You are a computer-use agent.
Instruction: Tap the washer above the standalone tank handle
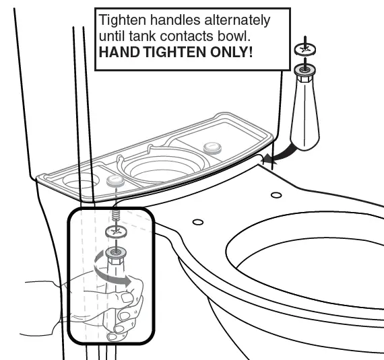(305, 49)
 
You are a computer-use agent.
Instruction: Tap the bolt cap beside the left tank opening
(116, 180)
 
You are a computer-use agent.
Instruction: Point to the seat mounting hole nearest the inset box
(197, 221)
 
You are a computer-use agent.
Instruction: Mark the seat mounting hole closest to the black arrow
(276, 195)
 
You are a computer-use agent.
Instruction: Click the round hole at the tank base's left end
(79, 182)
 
